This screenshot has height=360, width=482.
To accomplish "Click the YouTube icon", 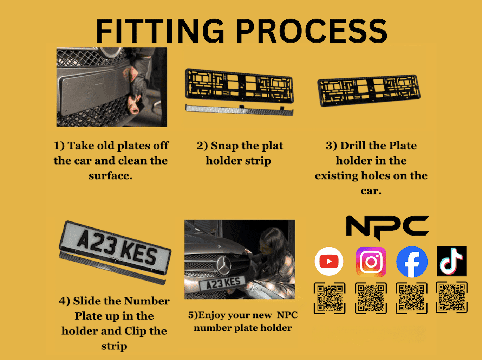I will pos(329,261).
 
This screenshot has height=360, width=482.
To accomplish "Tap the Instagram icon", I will pos(371,262).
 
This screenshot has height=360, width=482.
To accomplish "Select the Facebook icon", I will pos(412,262).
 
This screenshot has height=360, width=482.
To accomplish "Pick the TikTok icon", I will pos(451,261).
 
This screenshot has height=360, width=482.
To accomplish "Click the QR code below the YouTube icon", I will pos(330,298).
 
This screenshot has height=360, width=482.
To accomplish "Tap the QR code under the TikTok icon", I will pos(452,297).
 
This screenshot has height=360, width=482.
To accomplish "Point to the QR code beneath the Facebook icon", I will pos(411,298).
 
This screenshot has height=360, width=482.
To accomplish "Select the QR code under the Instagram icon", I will pos(371,298).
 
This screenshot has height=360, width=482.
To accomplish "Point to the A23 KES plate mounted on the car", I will pos(223,283).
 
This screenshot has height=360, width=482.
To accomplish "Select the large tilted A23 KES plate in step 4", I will pos(116,246).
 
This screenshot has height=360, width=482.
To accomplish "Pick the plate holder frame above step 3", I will pos(369,90).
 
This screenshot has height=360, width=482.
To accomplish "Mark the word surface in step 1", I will pos(110,175).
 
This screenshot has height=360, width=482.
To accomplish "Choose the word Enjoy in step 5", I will pos(213,315).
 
